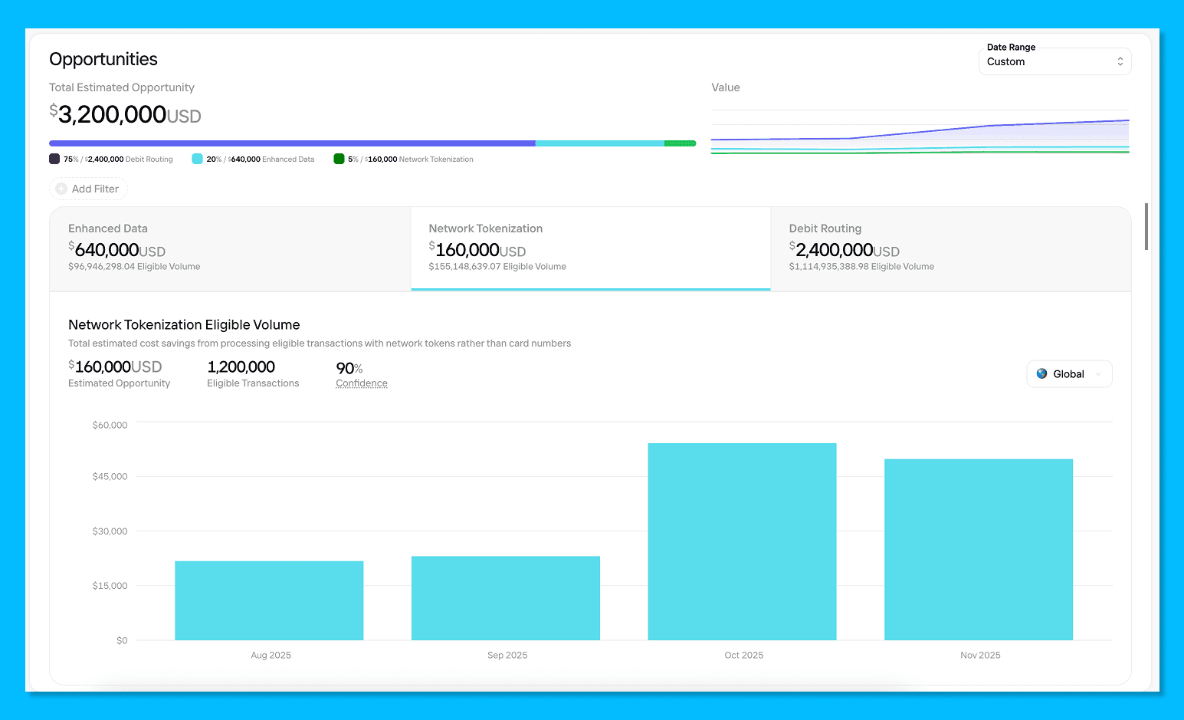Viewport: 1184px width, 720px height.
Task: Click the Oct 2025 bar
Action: click(742, 541)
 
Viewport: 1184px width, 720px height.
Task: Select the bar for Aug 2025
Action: click(269, 600)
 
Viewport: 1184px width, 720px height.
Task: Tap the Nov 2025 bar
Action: click(979, 549)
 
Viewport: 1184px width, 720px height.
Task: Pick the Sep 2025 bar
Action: click(506, 598)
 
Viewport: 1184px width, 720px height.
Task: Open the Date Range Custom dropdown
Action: click(1054, 61)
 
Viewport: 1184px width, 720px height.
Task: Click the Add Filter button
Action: click(88, 189)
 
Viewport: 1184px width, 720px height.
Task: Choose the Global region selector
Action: click(1069, 374)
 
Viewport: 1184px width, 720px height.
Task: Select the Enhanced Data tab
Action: click(230, 248)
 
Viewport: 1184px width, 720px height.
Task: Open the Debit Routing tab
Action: click(950, 248)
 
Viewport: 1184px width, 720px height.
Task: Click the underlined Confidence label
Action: click(362, 383)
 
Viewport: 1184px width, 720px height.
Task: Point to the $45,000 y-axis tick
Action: click(110, 476)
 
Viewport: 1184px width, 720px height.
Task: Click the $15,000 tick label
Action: click(110, 586)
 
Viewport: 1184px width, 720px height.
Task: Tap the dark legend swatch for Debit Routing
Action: click(54, 159)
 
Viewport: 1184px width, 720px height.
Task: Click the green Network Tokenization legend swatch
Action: click(339, 159)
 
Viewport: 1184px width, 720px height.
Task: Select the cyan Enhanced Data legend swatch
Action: click(197, 159)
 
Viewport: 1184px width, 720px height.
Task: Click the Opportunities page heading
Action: click(103, 59)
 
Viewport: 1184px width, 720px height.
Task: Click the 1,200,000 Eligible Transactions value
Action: click(241, 367)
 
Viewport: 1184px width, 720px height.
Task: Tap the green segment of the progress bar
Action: click(680, 143)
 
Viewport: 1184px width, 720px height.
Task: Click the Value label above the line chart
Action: click(725, 87)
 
